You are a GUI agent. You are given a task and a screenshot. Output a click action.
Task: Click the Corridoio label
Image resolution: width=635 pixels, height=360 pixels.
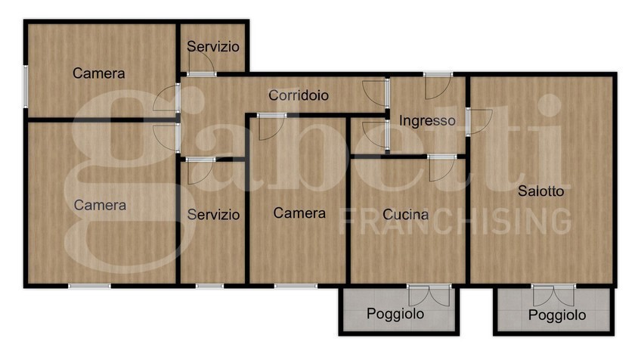tap(299, 96)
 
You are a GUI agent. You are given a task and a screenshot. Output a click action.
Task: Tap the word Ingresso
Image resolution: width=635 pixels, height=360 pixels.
tap(427, 120)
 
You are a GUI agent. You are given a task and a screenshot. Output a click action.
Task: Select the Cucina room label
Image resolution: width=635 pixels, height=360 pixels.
tap(406, 214)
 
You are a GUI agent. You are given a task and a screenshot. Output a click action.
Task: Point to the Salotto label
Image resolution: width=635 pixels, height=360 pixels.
tap(541, 191)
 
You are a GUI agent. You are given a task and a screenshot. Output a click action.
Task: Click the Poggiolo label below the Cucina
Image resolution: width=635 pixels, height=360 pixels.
tap(395, 314)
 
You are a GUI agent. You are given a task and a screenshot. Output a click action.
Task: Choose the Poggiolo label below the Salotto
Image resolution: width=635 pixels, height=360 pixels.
tap(557, 315)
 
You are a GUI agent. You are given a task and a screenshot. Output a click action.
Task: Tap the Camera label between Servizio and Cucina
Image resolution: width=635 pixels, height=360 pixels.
tap(299, 213)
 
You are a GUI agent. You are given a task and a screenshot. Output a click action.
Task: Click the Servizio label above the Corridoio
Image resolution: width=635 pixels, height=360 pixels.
tap(213, 47)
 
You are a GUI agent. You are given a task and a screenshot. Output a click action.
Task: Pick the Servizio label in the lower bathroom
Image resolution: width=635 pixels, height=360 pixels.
tap(213, 215)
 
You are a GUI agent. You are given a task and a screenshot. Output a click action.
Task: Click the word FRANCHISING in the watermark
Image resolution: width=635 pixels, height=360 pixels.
tap(456, 220)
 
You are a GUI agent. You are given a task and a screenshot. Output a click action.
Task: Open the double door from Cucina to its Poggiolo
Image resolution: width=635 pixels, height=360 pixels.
tap(429, 294)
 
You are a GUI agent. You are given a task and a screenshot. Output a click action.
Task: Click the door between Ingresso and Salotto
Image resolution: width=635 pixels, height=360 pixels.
tap(477, 121)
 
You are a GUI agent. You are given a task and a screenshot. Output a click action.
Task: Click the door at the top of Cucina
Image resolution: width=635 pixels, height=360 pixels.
tap(441, 166)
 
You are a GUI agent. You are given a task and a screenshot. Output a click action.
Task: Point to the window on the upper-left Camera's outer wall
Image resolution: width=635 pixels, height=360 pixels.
tap(25, 85)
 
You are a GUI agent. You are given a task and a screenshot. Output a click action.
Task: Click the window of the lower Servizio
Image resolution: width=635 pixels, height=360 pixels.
tap(209, 286)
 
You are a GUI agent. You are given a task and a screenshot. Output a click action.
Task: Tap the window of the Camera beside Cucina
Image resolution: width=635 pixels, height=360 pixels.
tap(296, 286)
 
